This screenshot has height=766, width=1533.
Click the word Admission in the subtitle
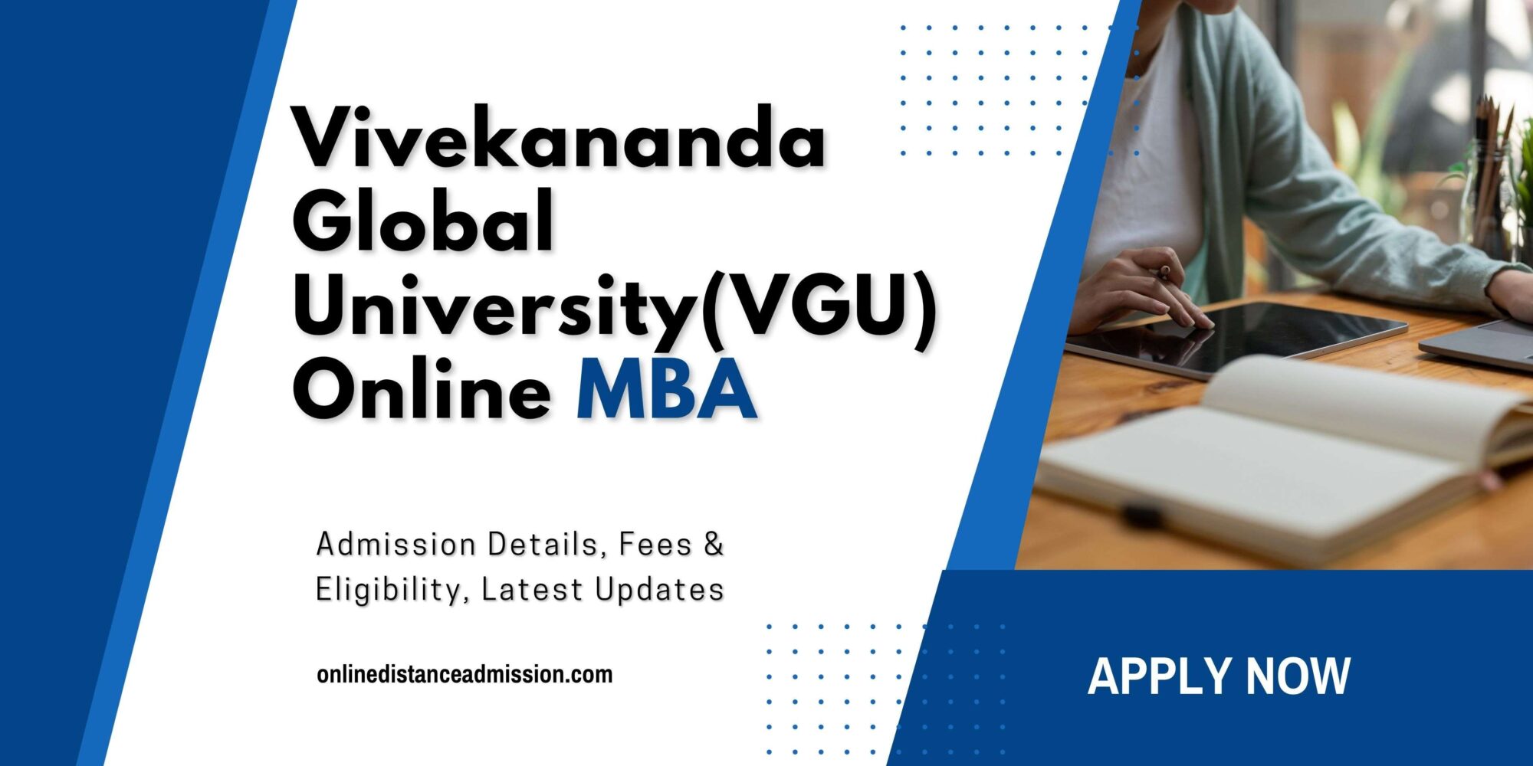click(x=396, y=545)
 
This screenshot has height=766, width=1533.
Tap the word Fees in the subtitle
click(x=655, y=545)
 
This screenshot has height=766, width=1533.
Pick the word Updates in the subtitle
click(x=659, y=590)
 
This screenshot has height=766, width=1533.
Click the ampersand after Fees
click(x=714, y=545)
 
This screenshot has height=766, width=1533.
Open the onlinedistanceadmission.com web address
click(x=464, y=675)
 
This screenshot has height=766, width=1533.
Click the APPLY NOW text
click(x=1219, y=676)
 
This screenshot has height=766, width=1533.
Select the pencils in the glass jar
click(x=1491, y=169)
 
